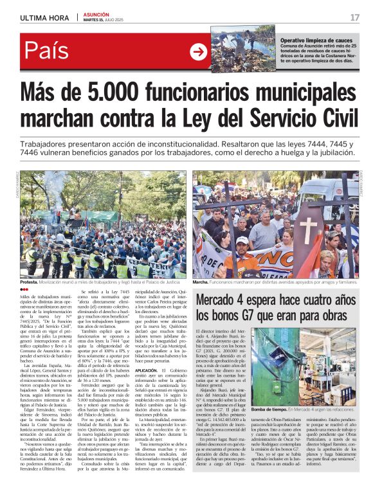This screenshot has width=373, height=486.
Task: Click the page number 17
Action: tap(354, 17)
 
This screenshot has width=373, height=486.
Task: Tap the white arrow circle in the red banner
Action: tap(198, 52)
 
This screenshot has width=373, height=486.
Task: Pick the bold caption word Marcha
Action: tap(201, 282)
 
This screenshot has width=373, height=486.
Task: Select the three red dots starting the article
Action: tap(25, 290)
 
